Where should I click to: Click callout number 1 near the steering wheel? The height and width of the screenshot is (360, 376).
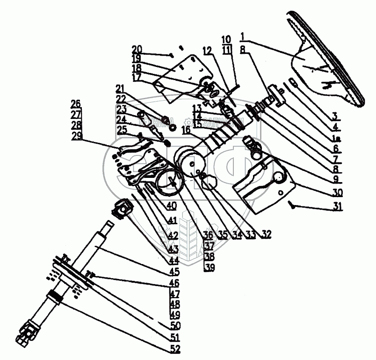pos(243,36)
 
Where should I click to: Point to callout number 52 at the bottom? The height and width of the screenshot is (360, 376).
pos(176,349)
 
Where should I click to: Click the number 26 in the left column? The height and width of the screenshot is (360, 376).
pos(76,103)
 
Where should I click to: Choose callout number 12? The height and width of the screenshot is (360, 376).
pos(208,50)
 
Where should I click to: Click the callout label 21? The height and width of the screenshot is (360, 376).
pos(121,89)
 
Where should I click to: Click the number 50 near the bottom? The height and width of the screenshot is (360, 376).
pos(175,324)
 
